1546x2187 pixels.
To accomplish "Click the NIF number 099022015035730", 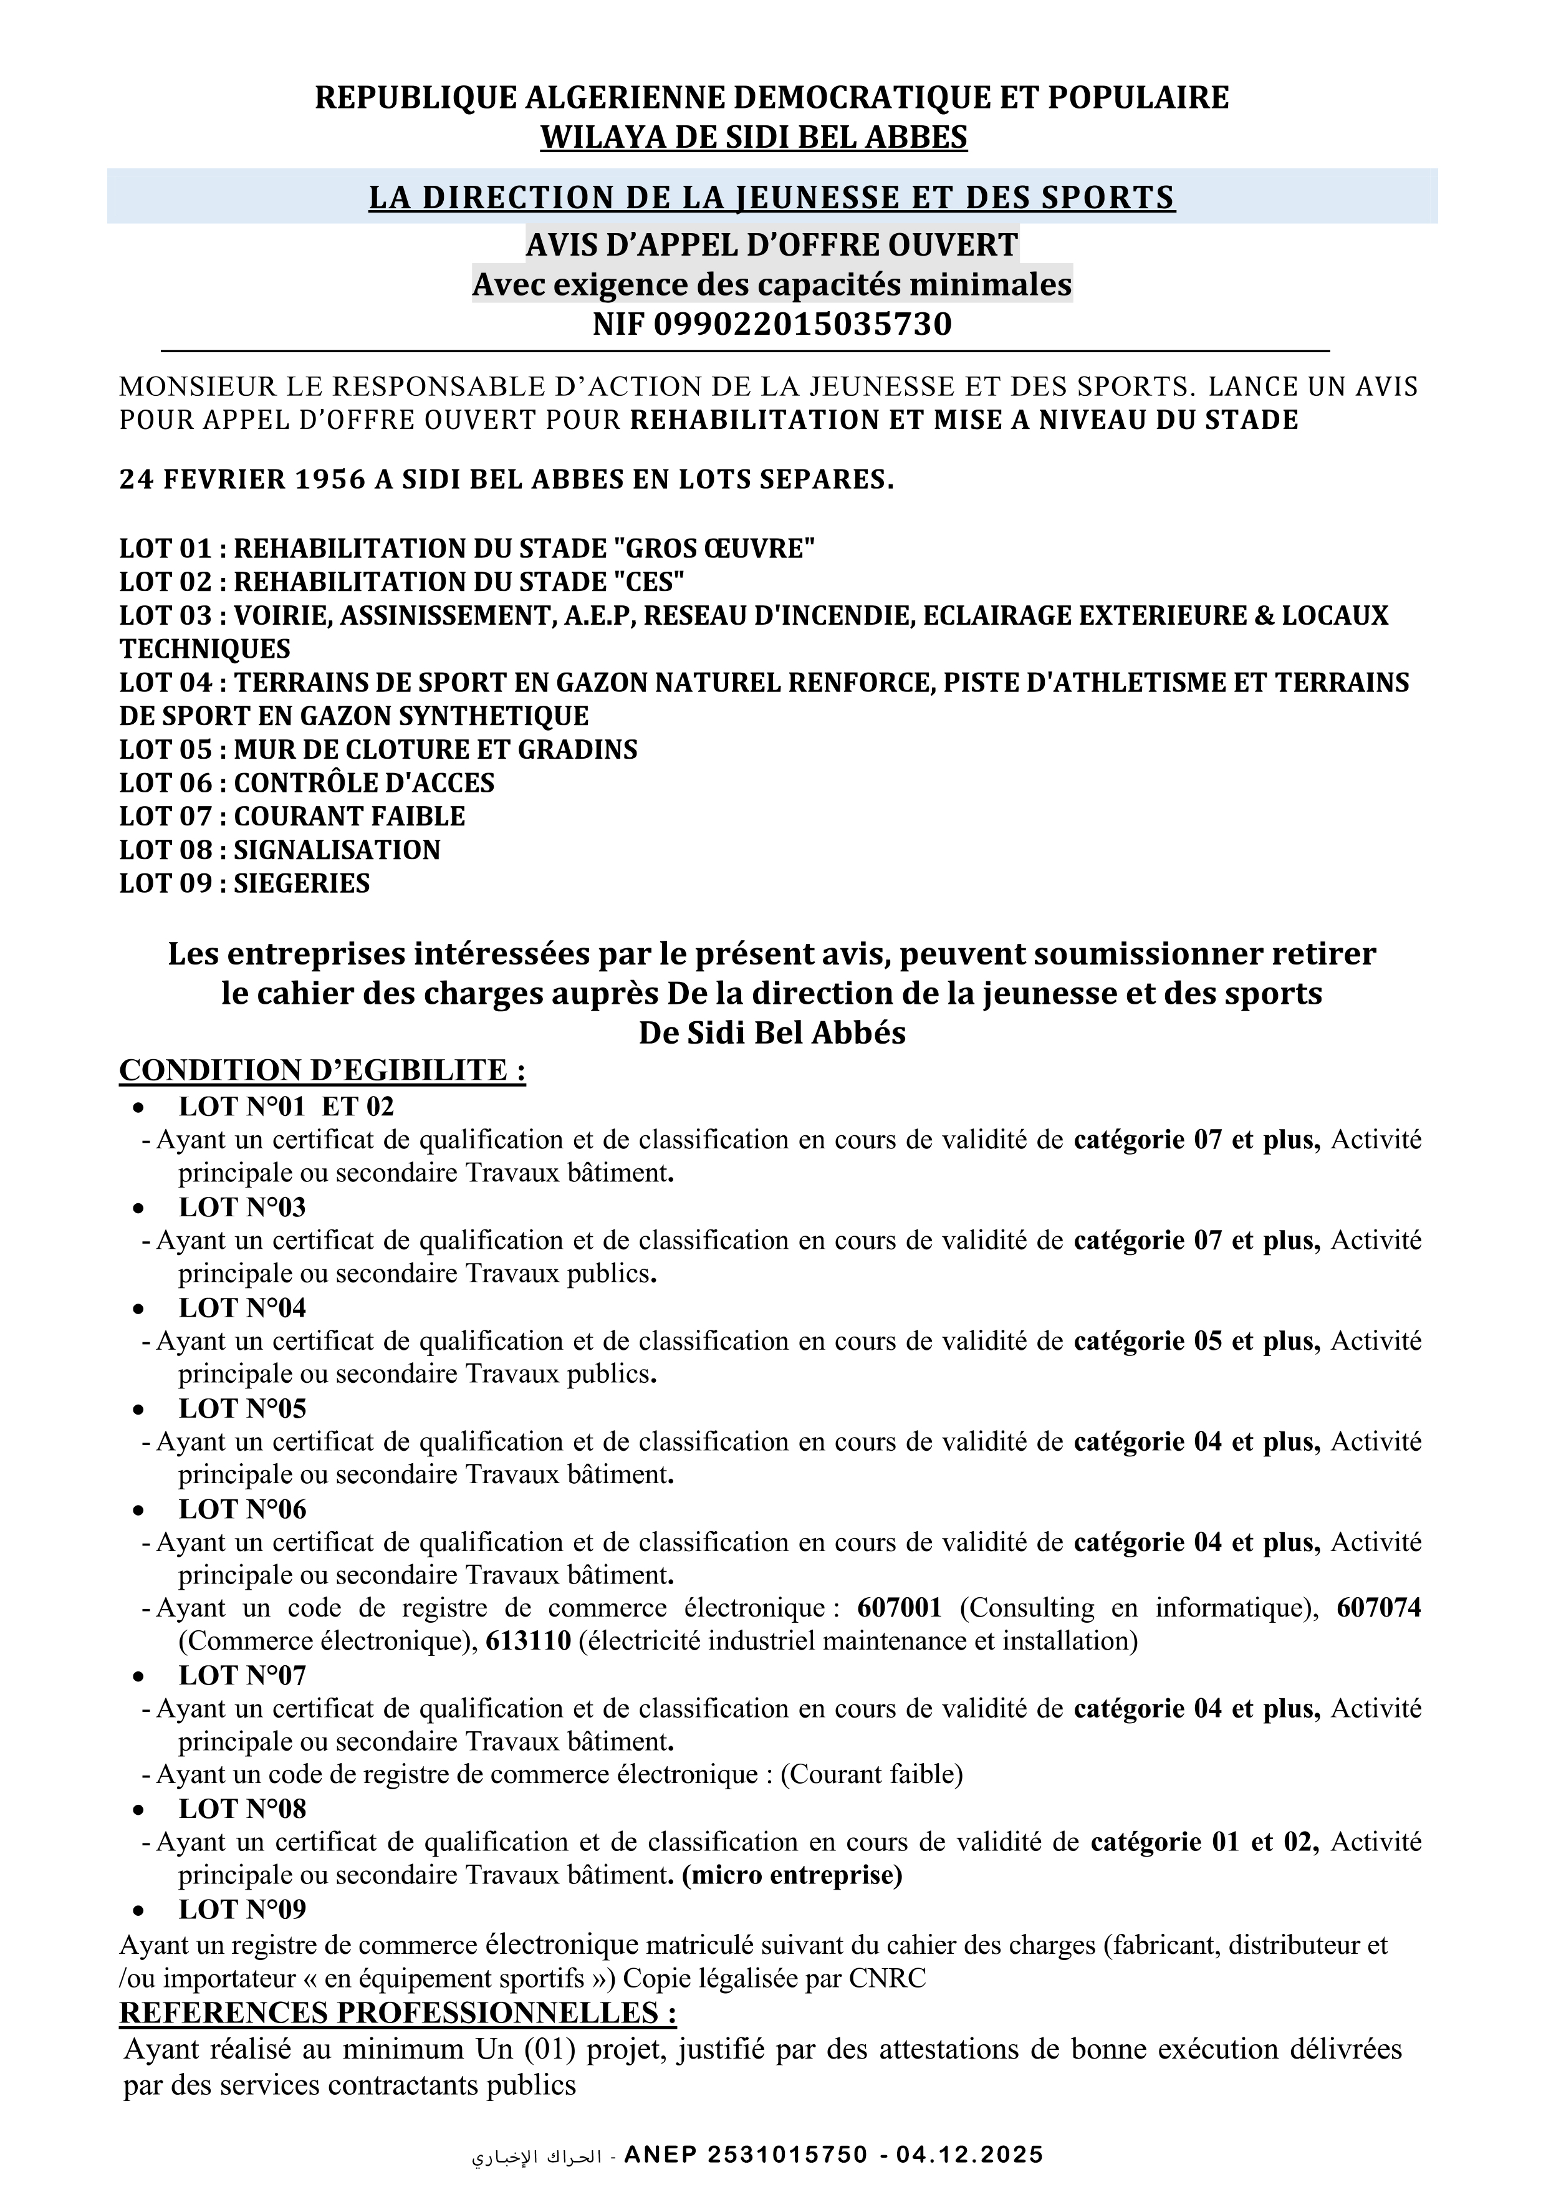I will coord(802,325).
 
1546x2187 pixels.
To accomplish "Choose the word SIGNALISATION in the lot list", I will coord(337,850).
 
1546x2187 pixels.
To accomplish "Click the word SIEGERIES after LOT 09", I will coord(302,883).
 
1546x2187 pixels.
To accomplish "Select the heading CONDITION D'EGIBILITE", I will coord(322,1070).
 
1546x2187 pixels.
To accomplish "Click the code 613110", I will coord(528,1641).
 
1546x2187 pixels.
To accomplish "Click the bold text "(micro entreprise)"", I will coord(792,1875).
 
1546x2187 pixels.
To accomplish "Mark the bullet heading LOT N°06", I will coord(242,1509).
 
